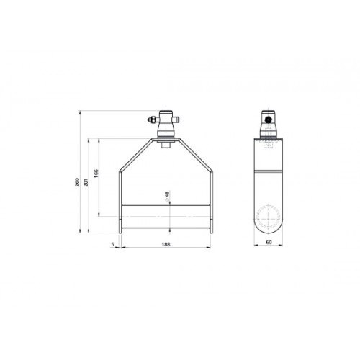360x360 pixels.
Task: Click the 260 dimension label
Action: (x=77, y=183)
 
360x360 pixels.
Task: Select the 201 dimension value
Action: (x=86, y=183)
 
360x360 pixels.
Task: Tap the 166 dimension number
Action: (x=96, y=173)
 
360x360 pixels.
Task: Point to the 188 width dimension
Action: (x=166, y=244)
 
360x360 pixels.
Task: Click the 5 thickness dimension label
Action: (x=112, y=244)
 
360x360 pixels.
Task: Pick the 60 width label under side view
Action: (x=269, y=242)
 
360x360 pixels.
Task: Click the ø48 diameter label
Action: (x=167, y=197)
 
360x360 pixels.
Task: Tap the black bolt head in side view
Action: (x=268, y=119)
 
